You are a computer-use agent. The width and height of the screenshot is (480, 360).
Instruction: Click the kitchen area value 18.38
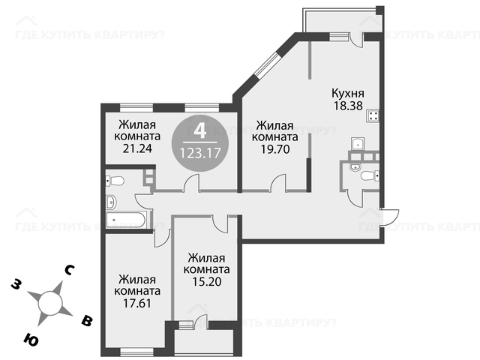[348, 106]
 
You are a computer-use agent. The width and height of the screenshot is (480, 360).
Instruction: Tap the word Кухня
[348, 93]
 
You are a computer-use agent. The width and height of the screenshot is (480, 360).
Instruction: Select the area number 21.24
[137, 148]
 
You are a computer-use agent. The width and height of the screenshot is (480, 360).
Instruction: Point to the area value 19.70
[275, 149]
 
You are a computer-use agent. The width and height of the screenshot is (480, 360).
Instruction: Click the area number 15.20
[207, 282]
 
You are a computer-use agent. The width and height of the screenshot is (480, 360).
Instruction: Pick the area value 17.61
[137, 303]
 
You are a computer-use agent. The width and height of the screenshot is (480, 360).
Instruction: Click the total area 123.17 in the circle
[200, 153]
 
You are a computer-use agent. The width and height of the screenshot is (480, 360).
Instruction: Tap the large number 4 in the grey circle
[200, 130]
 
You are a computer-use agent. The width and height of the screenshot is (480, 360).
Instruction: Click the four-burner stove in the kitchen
[373, 115]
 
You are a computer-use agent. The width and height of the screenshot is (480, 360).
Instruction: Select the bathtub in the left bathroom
[126, 220]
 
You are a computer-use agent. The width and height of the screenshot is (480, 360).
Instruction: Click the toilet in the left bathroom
[115, 181]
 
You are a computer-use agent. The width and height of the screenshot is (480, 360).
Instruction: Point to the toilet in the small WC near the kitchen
[370, 176]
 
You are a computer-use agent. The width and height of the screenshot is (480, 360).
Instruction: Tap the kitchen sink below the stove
[358, 143]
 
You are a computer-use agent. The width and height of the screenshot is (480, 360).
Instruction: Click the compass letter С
[69, 270]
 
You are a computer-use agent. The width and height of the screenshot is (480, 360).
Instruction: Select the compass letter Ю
[31, 339]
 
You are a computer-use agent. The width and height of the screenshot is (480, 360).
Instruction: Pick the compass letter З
[16, 284]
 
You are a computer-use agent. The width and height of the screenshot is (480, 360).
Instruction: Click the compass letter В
[87, 321]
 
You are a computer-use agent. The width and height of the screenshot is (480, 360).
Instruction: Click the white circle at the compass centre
[50, 303]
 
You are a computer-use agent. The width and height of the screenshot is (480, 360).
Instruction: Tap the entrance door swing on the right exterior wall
[389, 217]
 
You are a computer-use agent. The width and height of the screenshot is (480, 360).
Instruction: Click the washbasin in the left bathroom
[111, 202]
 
